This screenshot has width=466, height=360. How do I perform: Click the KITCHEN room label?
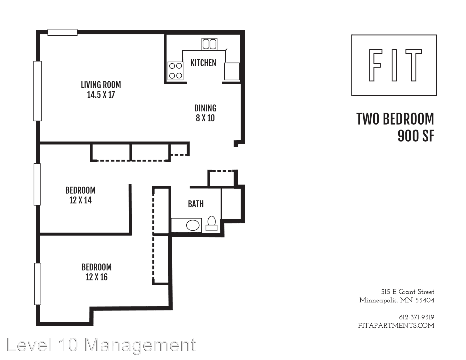coord(203,63)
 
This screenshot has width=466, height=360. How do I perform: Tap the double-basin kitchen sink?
coord(209,44)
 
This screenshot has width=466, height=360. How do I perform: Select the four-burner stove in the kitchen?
coord(175,71)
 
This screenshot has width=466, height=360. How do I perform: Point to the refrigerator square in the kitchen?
coord(232,71)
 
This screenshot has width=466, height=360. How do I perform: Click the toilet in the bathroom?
coord(211,223)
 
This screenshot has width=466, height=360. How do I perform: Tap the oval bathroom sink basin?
coord(193,225)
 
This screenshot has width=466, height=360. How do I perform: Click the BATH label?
coord(196,204)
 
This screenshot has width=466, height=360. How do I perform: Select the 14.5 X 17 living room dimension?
coord(101,95)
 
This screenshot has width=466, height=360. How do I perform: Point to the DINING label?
coord(205,108)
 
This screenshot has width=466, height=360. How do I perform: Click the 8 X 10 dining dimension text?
coord(205,118)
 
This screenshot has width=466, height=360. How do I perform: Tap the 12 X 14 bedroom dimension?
coord(80,200)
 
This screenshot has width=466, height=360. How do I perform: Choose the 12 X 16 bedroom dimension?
coord(97,277)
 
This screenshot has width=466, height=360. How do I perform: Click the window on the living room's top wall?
coord(62,32)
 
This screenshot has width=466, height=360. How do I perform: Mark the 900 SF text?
coord(416,136)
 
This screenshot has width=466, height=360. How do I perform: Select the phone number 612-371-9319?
coord(416,317)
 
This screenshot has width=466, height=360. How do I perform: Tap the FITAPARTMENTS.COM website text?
coord(396,325)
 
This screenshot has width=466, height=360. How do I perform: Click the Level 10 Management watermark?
coord(101,345)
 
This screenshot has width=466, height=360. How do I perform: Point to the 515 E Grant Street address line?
coord(407,292)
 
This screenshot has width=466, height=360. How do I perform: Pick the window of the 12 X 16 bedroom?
coord(38,284)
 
